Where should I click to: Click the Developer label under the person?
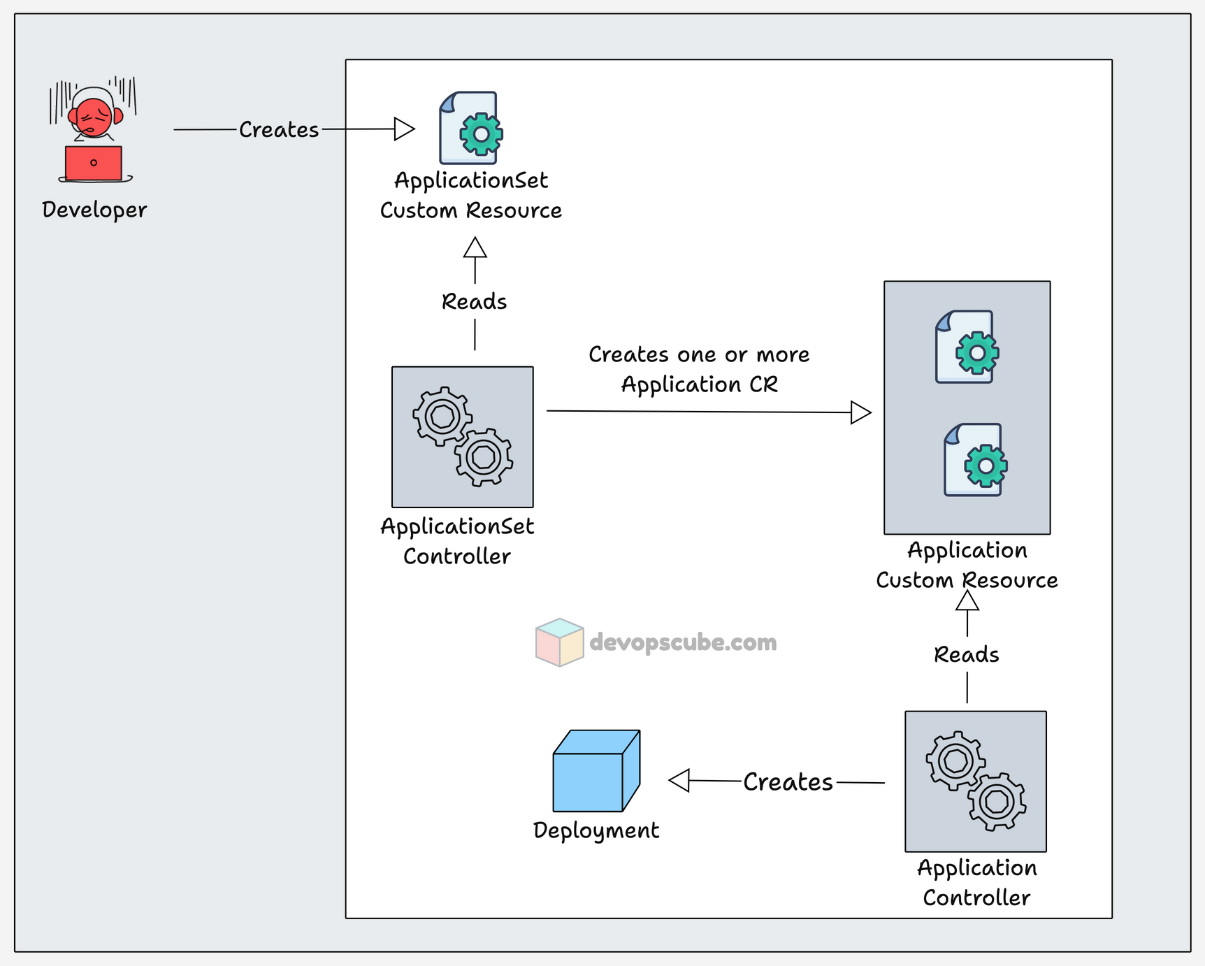[94, 210]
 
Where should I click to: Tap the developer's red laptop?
[94, 163]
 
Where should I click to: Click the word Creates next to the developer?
[279, 130]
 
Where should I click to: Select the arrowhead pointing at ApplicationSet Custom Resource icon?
[404, 129]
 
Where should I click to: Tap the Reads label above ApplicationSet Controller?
[474, 302]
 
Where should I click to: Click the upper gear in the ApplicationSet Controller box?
[442, 416]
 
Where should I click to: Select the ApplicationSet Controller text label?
[457, 541]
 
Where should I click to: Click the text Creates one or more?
[699, 354]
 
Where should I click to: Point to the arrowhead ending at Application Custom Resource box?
[860, 412]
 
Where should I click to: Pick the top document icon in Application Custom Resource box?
[967, 347]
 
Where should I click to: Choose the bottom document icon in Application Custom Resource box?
[975, 460]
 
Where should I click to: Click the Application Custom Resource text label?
[967, 565]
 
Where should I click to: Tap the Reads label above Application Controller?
[967, 655]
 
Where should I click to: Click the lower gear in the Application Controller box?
[997, 801]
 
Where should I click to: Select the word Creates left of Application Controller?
[788, 782]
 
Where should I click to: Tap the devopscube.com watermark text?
[683, 642]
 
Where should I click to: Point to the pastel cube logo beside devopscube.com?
[559, 642]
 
